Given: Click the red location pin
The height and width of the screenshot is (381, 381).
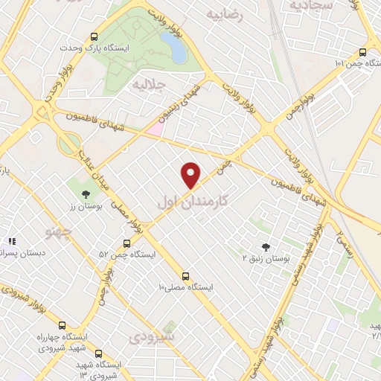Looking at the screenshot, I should pyautogui.click(x=192, y=174).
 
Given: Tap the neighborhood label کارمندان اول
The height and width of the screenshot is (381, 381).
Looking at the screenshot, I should pyautogui.click(x=192, y=202).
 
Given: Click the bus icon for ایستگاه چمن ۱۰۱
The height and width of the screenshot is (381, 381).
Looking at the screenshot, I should pyautogui.click(x=362, y=52).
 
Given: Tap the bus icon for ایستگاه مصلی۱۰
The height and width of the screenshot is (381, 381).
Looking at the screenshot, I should pyautogui.click(x=185, y=275).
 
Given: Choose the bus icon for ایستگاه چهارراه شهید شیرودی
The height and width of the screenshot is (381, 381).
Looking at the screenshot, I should pyautogui.click(x=62, y=325).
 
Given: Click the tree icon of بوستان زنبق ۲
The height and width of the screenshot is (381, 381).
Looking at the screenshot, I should pyautogui.click(x=266, y=246).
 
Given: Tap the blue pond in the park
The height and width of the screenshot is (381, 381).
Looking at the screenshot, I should pyautogui.click(x=176, y=49).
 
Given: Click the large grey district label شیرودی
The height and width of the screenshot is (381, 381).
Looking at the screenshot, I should pyautogui.click(x=155, y=337).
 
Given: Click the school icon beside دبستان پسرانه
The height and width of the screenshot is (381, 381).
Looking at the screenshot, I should pyautogui.click(x=12, y=242).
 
